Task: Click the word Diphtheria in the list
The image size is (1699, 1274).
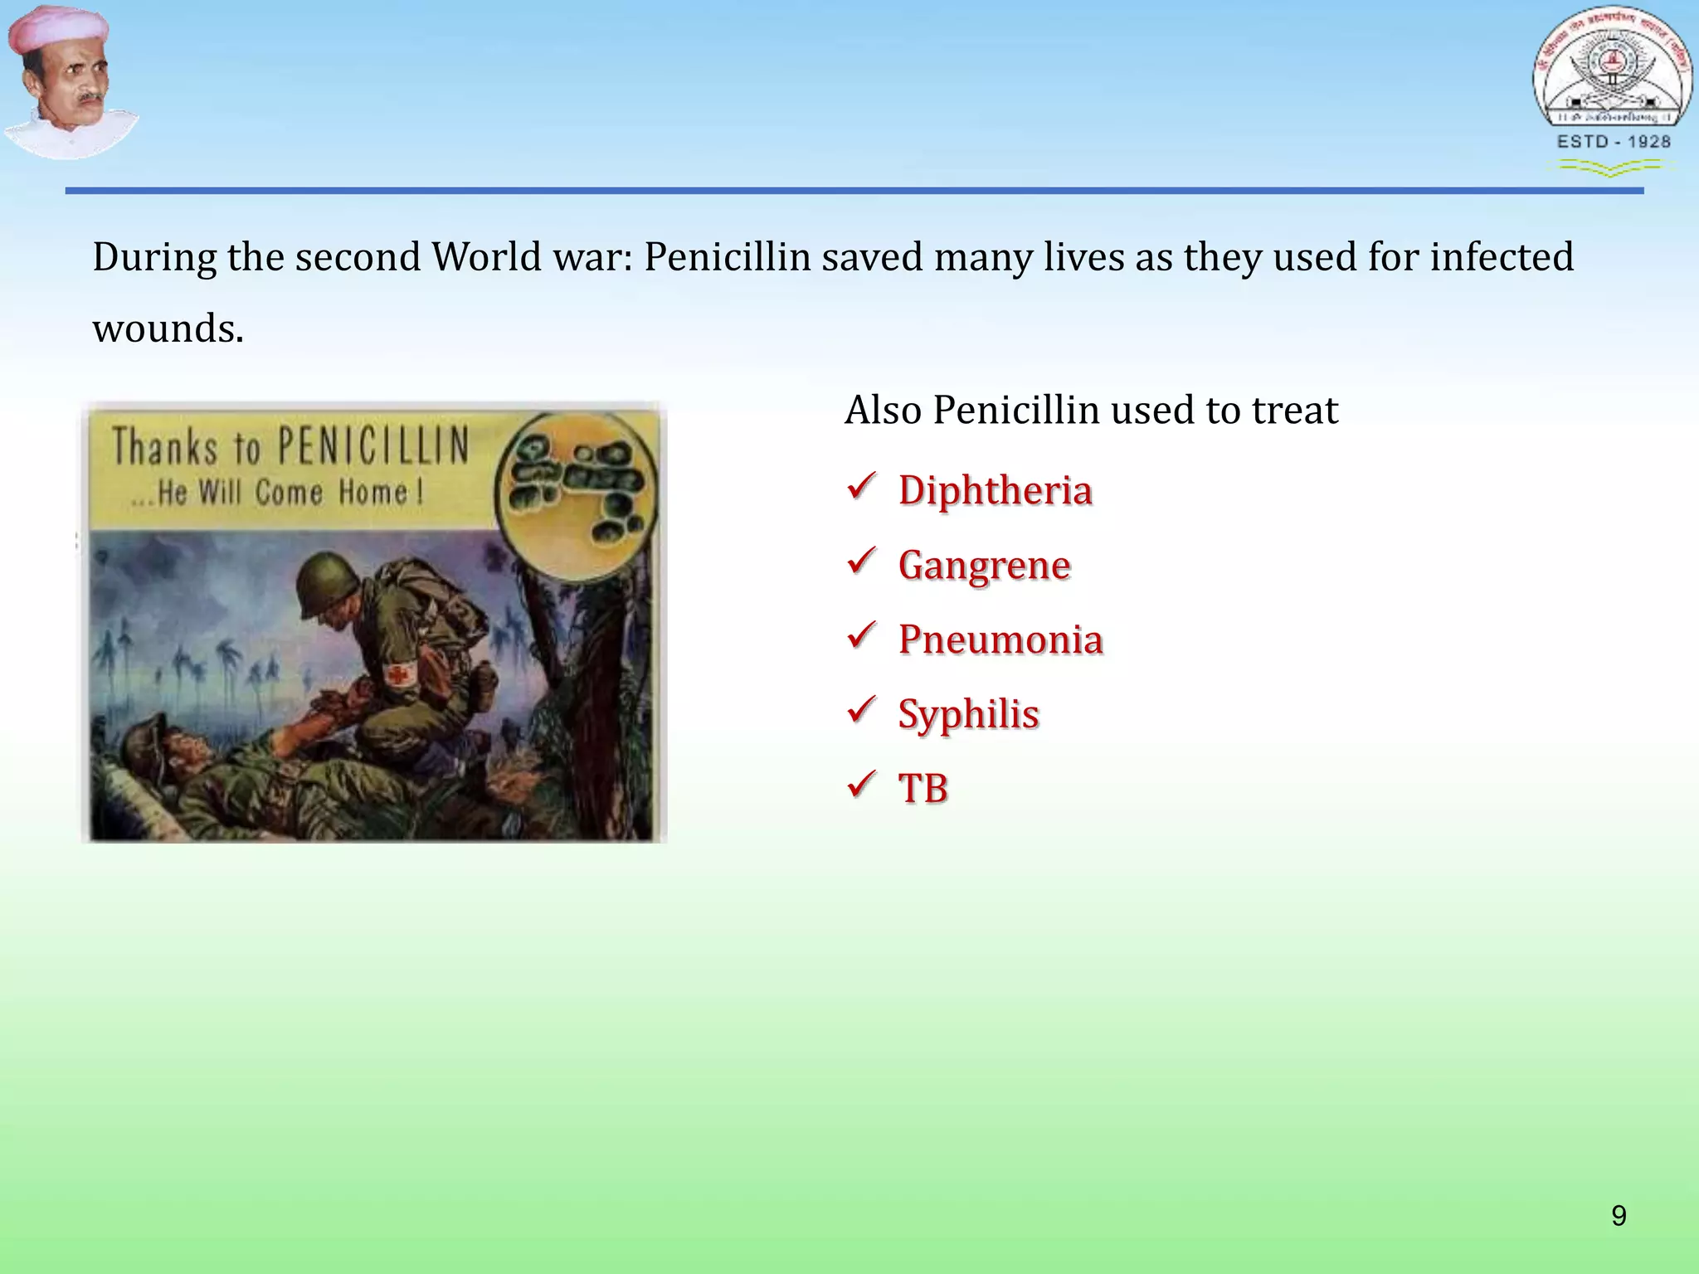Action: [x=995, y=490]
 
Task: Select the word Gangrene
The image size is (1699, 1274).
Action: [x=984, y=566]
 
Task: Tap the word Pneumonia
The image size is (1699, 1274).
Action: [x=1000, y=639]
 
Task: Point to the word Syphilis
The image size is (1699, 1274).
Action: [x=968, y=714]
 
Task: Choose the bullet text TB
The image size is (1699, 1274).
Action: [x=923, y=788]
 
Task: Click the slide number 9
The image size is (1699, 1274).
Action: [x=1619, y=1216]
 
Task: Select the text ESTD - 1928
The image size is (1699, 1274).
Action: [x=1613, y=142]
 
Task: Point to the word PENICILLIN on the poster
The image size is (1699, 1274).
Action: [x=373, y=445]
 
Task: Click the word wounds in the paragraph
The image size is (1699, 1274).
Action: [x=168, y=328]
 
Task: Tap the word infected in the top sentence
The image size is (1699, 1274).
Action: [x=1501, y=257]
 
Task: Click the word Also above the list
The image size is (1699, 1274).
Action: [x=883, y=410]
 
